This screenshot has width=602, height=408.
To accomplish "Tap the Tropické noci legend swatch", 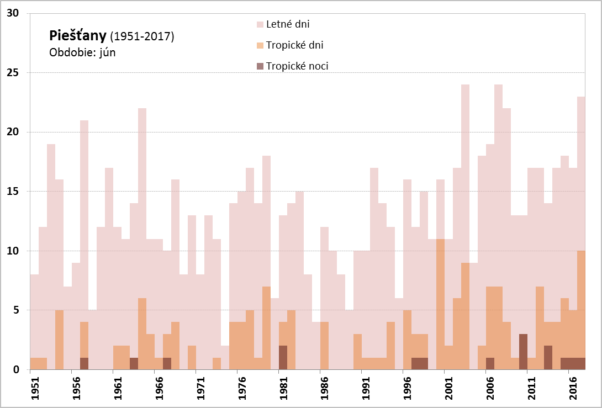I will pyautogui.click(x=260, y=66).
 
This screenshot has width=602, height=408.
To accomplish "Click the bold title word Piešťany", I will pyautogui.click(x=78, y=36).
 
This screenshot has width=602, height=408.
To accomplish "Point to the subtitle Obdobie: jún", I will pyautogui.click(x=82, y=53).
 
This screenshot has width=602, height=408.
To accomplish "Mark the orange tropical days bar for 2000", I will pyautogui.click(x=440, y=304).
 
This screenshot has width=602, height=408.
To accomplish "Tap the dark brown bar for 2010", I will pyautogui.click(x=523, y=352).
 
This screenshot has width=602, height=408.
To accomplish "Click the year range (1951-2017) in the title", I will pyautogui.click(x=142, y=37).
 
